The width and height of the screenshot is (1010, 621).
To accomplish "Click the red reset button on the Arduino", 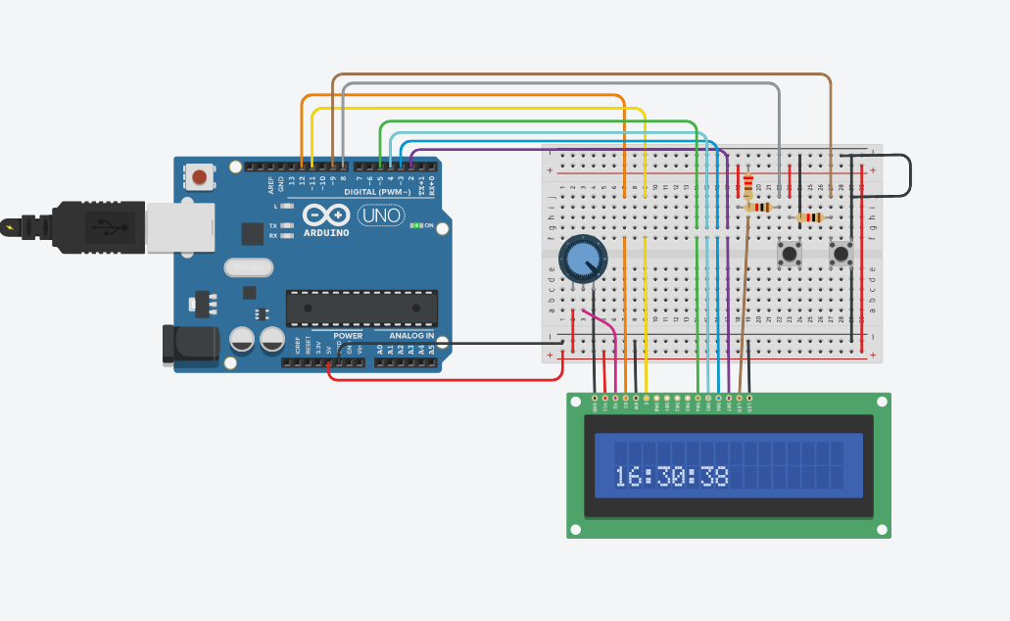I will click(200, 177).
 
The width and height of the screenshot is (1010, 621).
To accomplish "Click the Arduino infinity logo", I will click(326, 215).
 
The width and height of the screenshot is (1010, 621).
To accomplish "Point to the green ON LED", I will click(416, 225).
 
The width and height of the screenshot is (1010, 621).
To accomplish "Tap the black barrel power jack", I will click(189, 345).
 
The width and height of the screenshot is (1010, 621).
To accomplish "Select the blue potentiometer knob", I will click(583, 259).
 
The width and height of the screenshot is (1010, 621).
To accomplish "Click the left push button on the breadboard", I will click(789, 254).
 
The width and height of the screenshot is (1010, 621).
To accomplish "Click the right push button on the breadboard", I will click(841, 254).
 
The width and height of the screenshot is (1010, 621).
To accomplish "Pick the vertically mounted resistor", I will click(749, 186).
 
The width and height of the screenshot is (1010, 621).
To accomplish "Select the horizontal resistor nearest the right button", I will click(810, 217).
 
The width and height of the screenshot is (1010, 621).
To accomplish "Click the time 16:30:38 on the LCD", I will click(671, 477).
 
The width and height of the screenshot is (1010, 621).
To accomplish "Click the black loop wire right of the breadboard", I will click(909, 175).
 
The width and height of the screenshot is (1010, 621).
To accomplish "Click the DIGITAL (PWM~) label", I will click(377, 192).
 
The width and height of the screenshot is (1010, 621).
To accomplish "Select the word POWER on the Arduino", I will click(348, 336).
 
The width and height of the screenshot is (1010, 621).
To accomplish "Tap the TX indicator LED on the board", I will click(286, 225).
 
